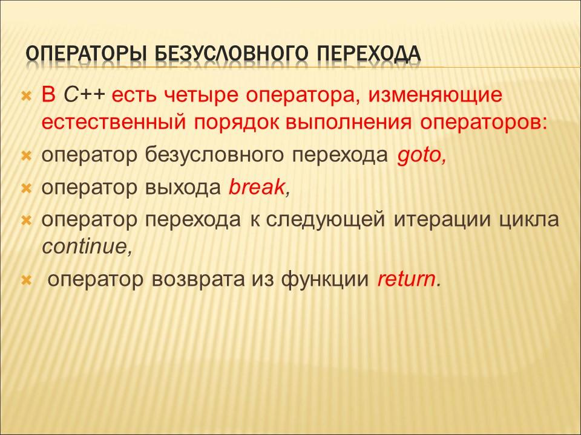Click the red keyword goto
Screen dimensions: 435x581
click(x=421, y=155)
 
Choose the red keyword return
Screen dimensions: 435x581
click(x=406, y=280)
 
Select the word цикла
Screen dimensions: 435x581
click(x=529, y=221)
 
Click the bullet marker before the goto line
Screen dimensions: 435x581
click(x=26, y=156)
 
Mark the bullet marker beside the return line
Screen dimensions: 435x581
click(x=26, y=280)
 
